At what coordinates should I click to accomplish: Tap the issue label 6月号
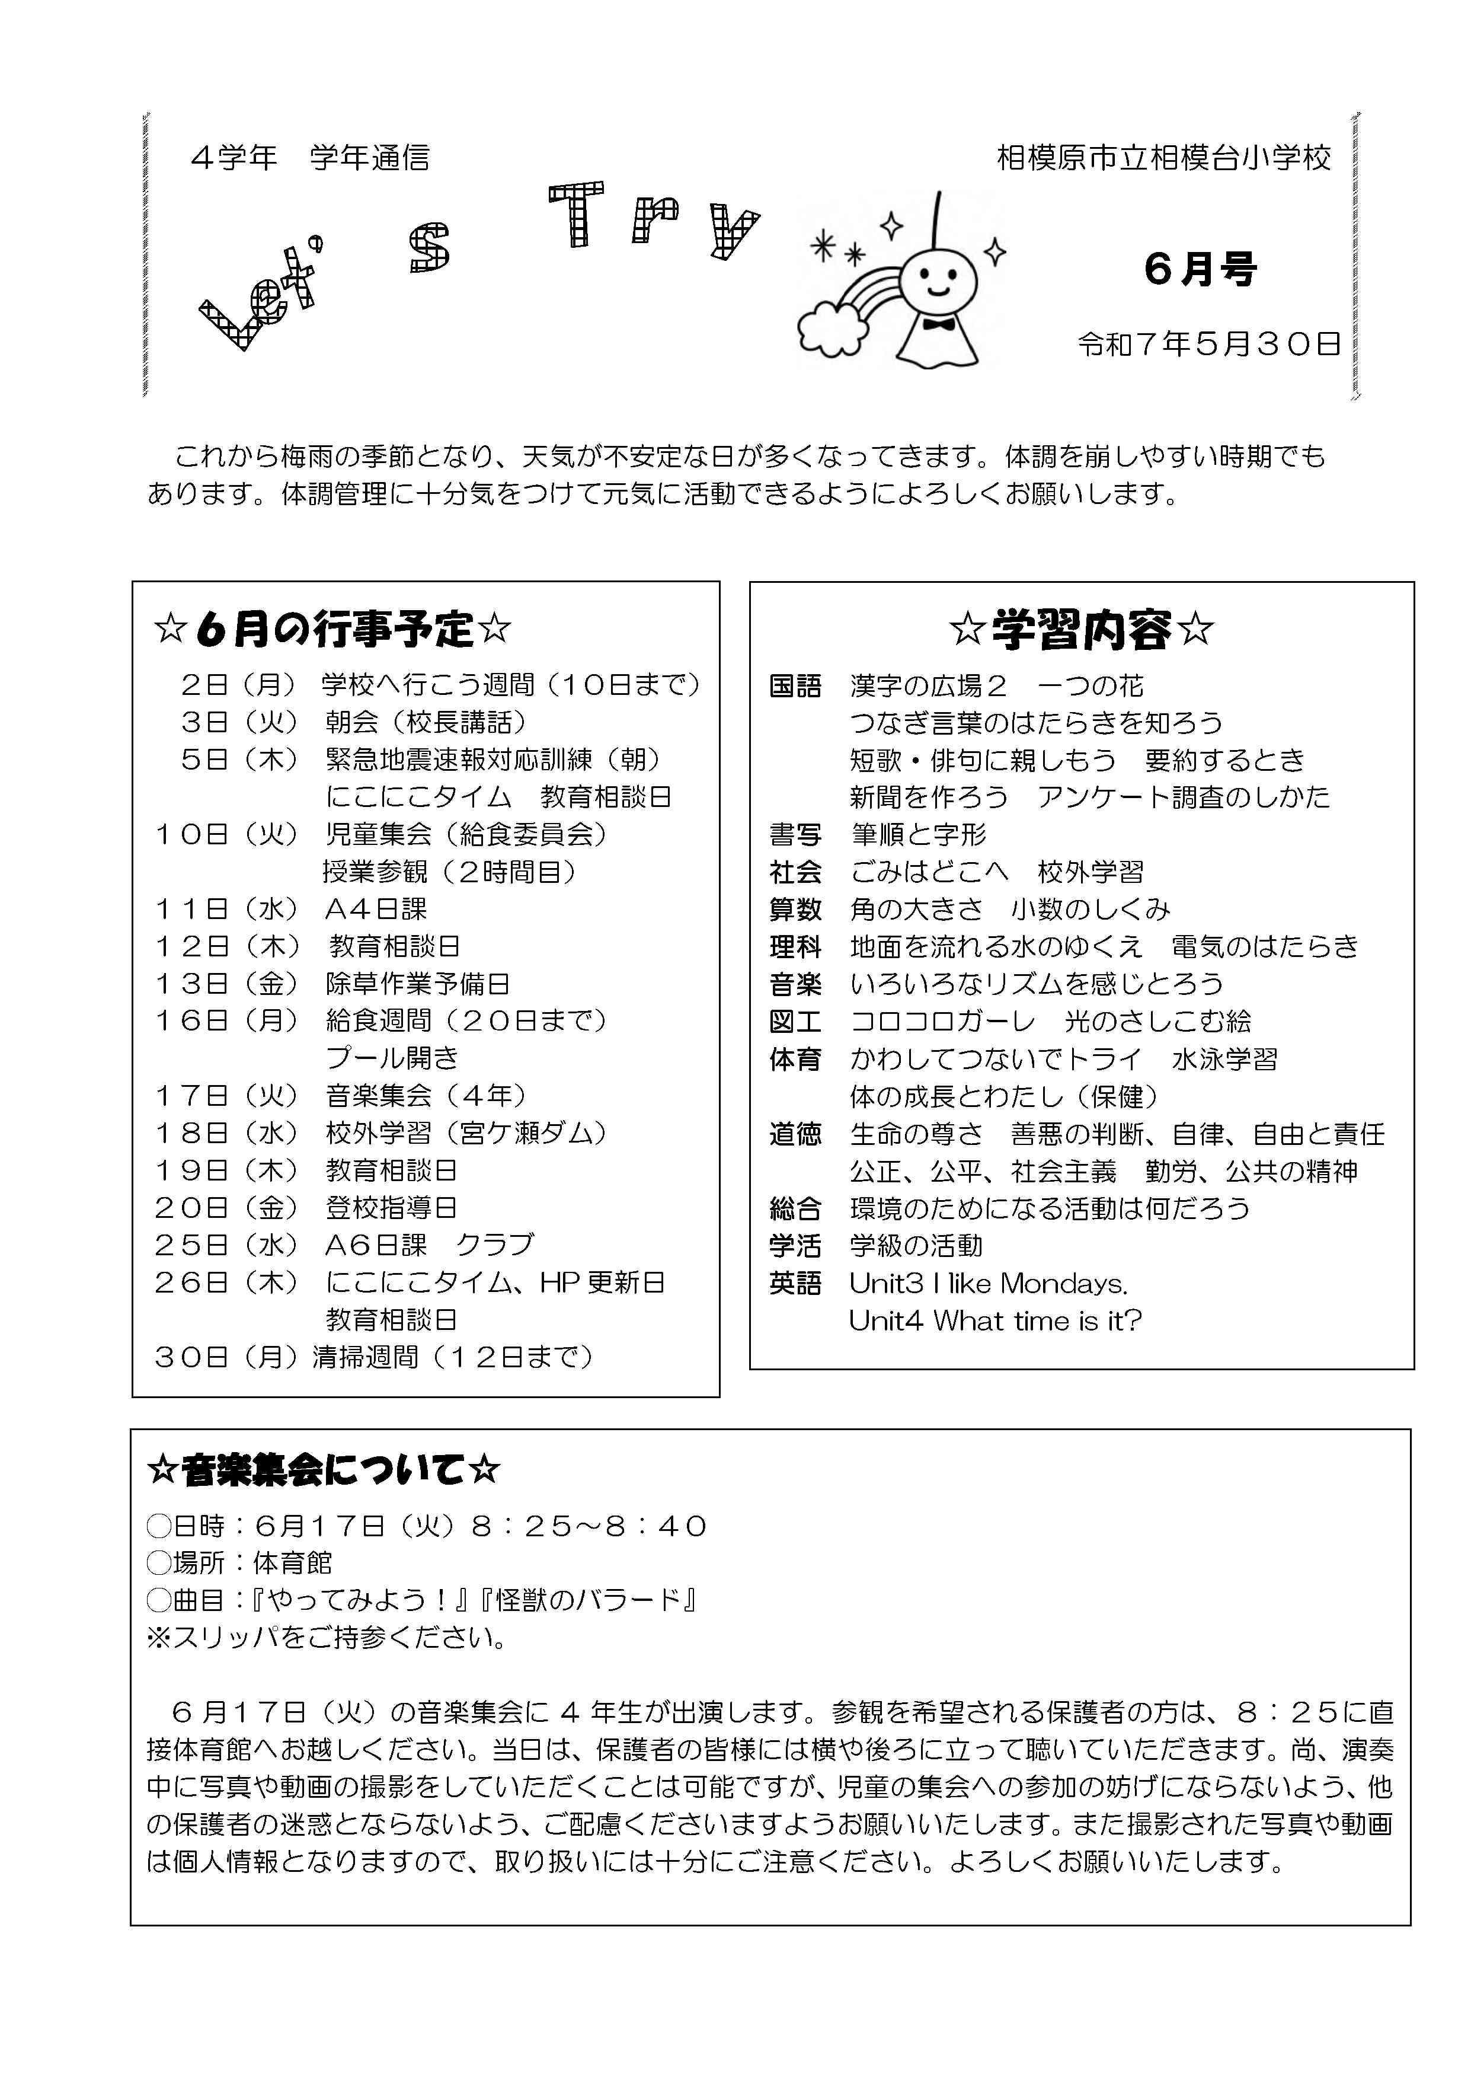pyautogui.click(x=1200, y=269)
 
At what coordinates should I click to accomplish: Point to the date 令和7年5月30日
pyautogui.click(x=1208, y=344)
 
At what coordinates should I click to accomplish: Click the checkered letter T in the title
pyautogui.click(x=576, y=214)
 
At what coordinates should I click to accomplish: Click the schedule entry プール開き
pyautogui.click(x=392, y=1058)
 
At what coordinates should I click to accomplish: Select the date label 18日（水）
pyautogui.click(x=226, y=1133)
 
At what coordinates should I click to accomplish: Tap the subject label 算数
pyautogui.click(x=795, y=910)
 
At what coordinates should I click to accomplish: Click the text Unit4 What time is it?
pyautogui.click(x=994, y=1321)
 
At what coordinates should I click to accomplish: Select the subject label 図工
pyautogui.click(x=795, y=1022)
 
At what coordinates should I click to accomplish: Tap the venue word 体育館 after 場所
pyautogui.click(x=293, y=1563)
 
